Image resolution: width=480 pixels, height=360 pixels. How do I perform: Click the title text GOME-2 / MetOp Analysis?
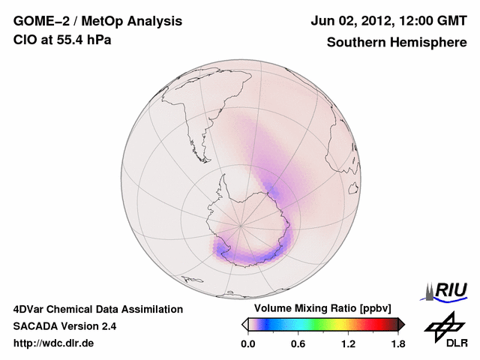pyautogui.click(x=97, y=21)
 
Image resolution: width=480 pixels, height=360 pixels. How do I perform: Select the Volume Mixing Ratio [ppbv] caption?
pyautogui.click(x=322, y=309)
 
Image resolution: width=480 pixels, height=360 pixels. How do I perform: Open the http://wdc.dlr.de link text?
pyautogui.click(x=54, y=343)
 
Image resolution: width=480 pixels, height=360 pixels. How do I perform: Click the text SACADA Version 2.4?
pyautogui.click(x=64, y=326)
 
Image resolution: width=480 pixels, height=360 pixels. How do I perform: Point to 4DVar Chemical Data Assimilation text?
pyautogui.click(x=98, y=309)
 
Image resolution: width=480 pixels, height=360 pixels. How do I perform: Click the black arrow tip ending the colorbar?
pyautogui.click(x=402, y=324)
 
